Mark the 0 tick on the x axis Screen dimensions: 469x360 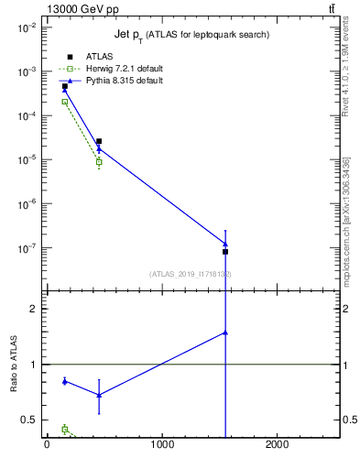47,446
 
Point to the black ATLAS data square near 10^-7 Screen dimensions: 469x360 224,251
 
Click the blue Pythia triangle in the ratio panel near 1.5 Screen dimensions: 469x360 224,333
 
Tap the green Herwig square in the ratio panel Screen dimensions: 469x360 64,429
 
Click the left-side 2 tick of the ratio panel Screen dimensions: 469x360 34,309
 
